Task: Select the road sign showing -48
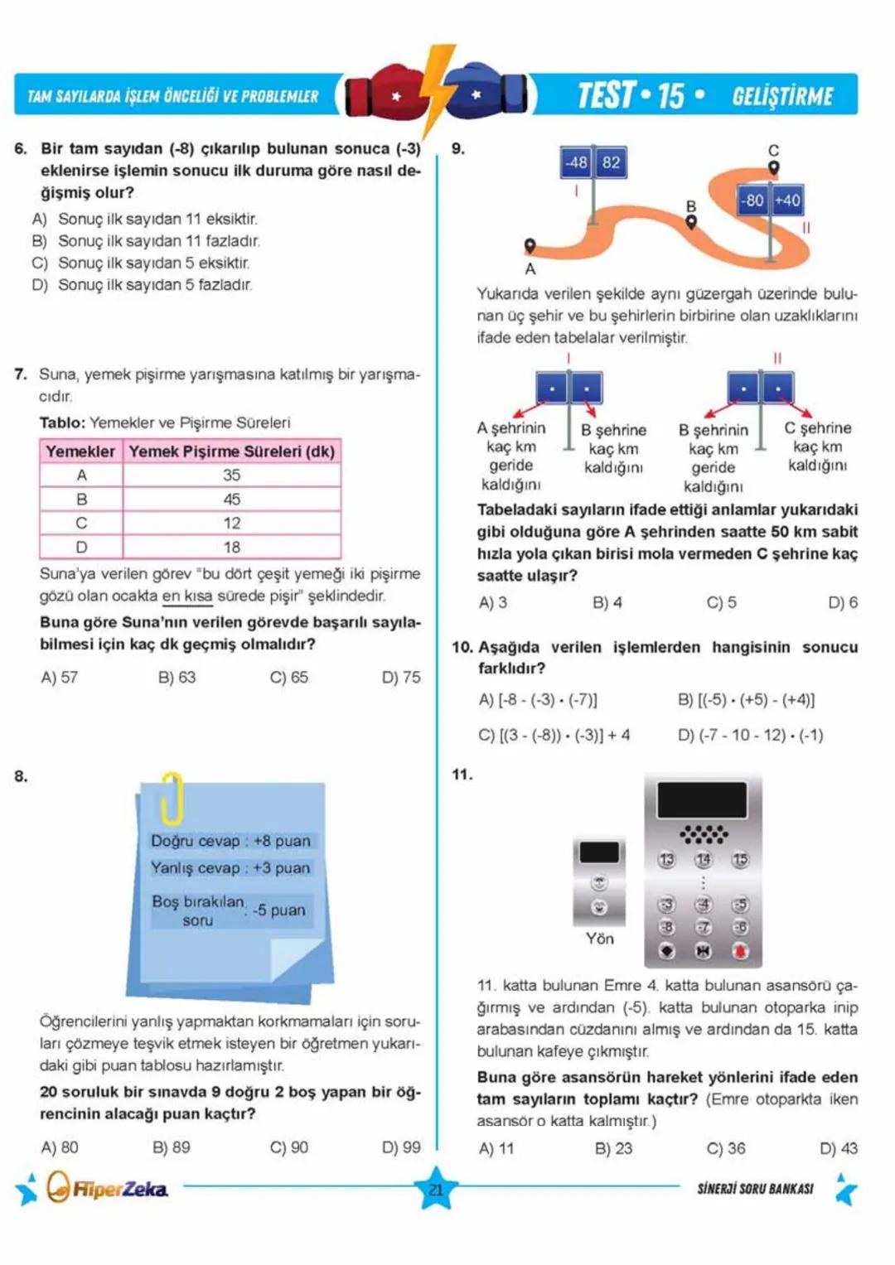tap(577, 162)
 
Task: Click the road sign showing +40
tap(787, 200)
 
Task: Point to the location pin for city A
tap(530, 246)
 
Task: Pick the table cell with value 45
tap(231, 500)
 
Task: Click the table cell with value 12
tap(231, 524)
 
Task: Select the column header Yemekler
tap(80, 451)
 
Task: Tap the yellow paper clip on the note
tap(172, 798)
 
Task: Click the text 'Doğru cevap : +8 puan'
tap(230, 841)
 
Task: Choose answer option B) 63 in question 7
tap(177, 678)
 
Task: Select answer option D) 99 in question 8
tap(401, 1147)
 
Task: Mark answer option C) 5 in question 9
tap(721, 603)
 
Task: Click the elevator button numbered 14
tap(703, 860)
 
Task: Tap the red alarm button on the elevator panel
tap(740, 951)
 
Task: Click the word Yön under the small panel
tap(599, 939)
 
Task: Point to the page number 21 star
tap(436, 1190)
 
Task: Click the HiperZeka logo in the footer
tap(107, 1189)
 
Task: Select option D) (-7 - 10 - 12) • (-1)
tap(750, 735)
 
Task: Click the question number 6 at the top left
tap(21, 149)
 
